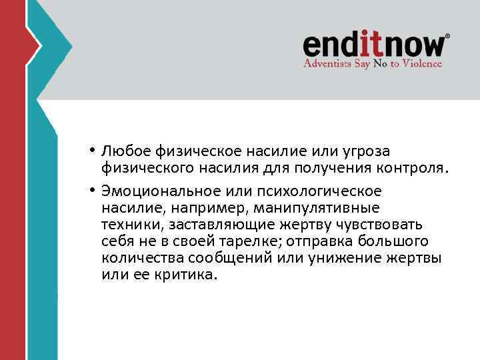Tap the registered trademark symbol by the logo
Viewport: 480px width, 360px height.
pyautogui.click(x=447, y=36)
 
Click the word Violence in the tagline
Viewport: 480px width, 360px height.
pyautogui.click(x=421, y=63)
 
